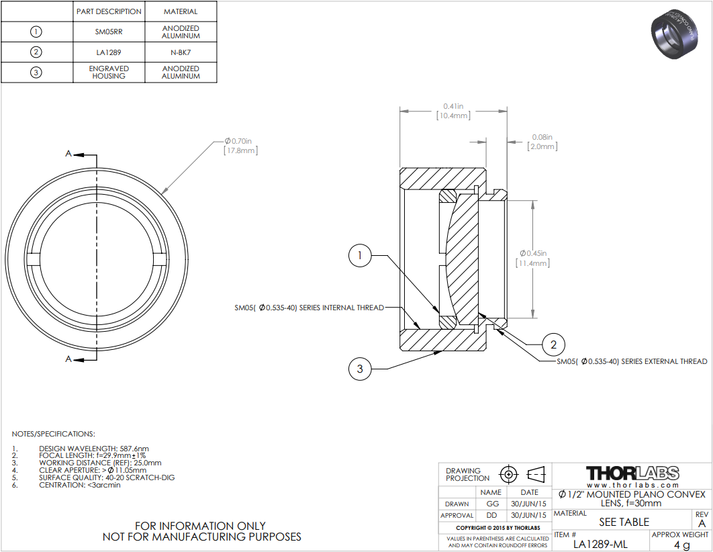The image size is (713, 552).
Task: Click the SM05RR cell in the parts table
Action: [x=109, y=32]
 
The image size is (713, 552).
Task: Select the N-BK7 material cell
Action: [x=181, y=52]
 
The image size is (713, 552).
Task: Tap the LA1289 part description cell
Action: [x=109, y=52]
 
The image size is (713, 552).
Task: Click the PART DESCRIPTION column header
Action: [x=109, y=11]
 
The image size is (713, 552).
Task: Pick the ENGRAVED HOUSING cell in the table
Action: [x=109, y=73]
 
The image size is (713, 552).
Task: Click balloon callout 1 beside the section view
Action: [x=360, y=256]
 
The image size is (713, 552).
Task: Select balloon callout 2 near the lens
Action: [x=553, y=344]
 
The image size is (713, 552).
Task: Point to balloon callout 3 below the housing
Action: [x=360, y=369]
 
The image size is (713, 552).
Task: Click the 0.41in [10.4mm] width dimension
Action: [x=453, y=111]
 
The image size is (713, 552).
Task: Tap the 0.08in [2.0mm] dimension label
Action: [x=542, y=142]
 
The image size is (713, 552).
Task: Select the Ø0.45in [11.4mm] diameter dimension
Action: [x=533, y=259]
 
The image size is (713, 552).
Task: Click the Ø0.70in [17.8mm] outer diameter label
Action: [x=240, y=146]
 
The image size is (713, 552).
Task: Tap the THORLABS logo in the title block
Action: [x=632, y=473]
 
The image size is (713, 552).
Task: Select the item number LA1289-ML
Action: [x=600, y=544]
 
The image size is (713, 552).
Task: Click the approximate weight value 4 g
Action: [x=681, y=545]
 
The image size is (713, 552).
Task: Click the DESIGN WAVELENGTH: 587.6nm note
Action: [x=94, y=449]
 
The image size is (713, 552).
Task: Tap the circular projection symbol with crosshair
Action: [x=508, y=475]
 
